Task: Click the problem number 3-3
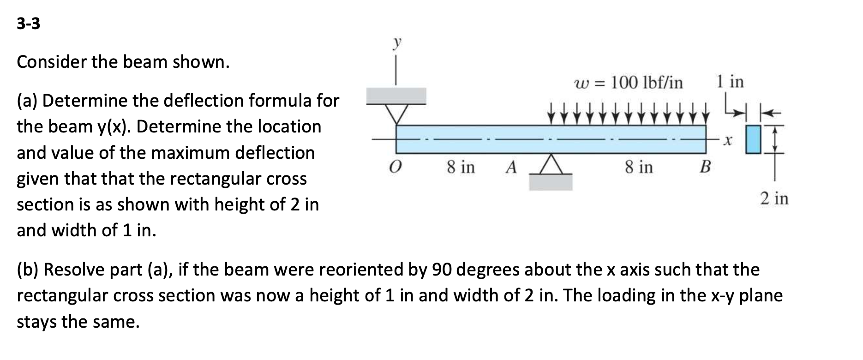point(28,24)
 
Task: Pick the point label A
point(510,167)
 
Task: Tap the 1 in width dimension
point(730,82)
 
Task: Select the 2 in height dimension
point(774,199)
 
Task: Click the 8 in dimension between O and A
point(461,167)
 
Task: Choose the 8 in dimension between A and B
point(639,167)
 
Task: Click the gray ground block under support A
point(551,182)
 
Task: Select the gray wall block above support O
point(396,96)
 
